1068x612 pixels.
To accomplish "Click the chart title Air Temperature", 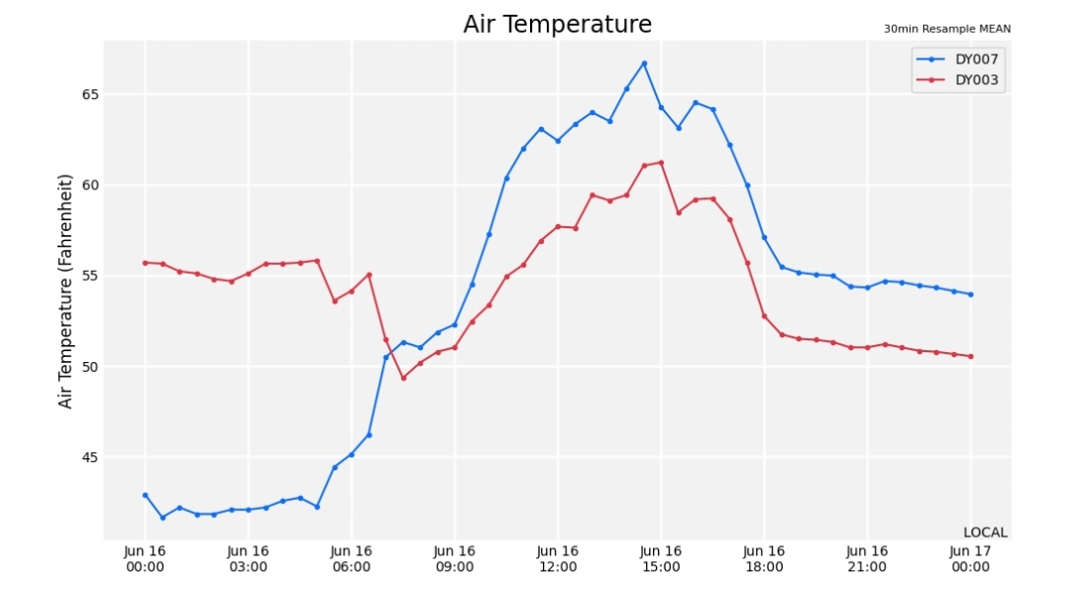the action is coord(557,24).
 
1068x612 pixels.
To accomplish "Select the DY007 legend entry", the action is coord(958,60).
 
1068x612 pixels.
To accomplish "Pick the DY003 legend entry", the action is coord(958,79).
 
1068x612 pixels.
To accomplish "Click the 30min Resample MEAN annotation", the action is coord(947,29).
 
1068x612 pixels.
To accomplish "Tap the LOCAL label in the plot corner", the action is coord(985,533).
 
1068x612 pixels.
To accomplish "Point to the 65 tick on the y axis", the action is coord(90,94).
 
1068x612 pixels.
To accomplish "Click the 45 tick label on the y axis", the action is coord(90,457).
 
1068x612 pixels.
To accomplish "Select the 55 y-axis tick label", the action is coord(90,276).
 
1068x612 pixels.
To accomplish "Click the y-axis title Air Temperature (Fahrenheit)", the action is coord(64,292).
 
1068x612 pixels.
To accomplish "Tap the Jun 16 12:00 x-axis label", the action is coord(557,558).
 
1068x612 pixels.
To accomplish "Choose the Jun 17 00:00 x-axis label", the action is coord(970,558).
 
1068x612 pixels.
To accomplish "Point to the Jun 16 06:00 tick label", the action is coord(351,558).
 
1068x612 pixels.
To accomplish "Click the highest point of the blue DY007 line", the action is coord(644,63).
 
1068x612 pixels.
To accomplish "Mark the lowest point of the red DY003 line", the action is coord(403,377).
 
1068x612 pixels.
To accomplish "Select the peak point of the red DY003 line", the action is coord(661,163).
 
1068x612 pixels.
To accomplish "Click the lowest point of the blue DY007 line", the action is coord(162,517).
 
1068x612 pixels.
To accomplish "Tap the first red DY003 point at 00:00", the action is coord(145,263).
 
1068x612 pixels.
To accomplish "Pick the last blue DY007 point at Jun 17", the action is coord(971,295).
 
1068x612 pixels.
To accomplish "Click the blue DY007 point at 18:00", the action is coord(764,237).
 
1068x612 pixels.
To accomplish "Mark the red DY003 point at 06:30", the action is coord(370,275).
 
